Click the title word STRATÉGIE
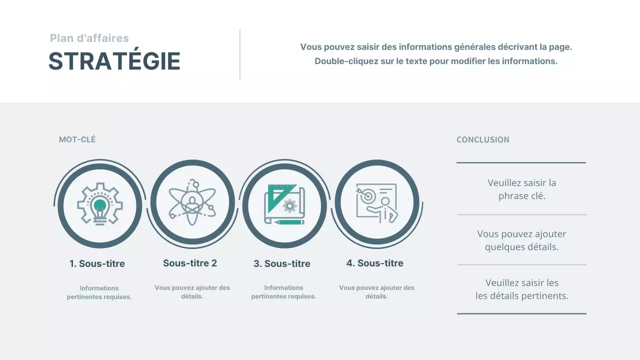click(114, 61)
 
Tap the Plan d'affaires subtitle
click(89, 38)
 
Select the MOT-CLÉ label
click(77, 139)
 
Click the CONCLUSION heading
click(483, 139)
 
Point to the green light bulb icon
click(99, 204)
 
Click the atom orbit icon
click(192, 202)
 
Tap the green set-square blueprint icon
click(284, 204)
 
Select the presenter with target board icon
click(377, 203)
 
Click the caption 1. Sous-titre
click(97, 263)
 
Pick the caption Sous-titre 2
click(190, 263)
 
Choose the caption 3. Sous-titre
click(281, 263)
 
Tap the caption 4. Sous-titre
click(375, 263)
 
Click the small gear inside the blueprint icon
click(290, 205)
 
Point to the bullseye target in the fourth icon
click(368, 195)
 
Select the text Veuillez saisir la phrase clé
click(521, 189)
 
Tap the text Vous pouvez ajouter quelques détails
click(521, 240)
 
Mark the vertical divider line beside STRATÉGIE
click(240, 54)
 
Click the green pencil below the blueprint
click(289, 222)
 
